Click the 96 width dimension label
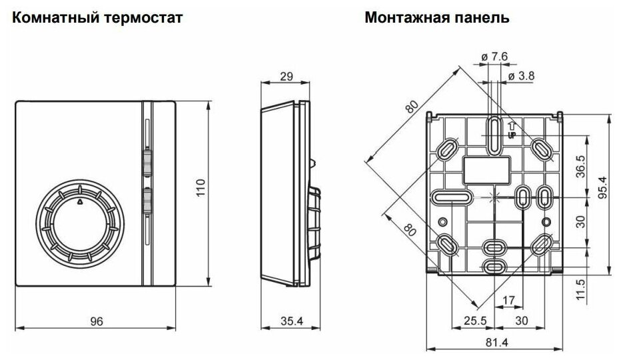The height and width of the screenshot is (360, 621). click(x=96, y=321)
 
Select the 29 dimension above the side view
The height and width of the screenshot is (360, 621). click(x=287, y=76)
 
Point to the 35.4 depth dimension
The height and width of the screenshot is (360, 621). click(x=289, y=321)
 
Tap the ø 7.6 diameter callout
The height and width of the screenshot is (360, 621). click(x=495, y=57)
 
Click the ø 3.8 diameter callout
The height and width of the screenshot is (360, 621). click(x=520, y=77)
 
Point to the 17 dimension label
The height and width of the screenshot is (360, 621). click(x=508, y=301)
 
